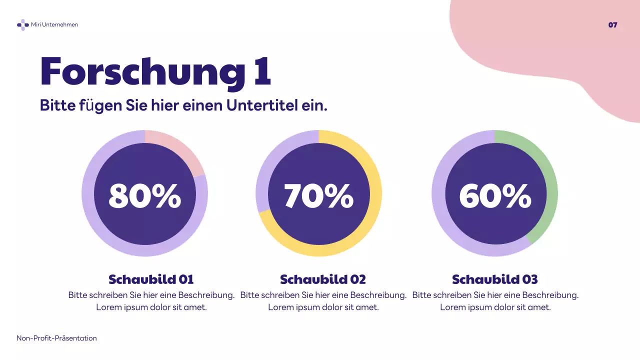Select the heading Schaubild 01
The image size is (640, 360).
(x=151, y=279)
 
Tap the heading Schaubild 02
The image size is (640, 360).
(x=323, y=279)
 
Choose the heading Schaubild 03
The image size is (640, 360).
(x=495, y=279)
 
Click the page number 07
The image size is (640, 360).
(x=612, y=25)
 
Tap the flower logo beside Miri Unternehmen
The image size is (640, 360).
(x=22, y=24)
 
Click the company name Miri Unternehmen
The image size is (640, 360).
(x=54, y=24)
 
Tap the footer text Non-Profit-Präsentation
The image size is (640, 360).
(x=56, y=338)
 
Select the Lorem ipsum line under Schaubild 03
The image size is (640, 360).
(x=495, y=307)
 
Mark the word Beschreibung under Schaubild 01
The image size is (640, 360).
(x=205, y=295)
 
